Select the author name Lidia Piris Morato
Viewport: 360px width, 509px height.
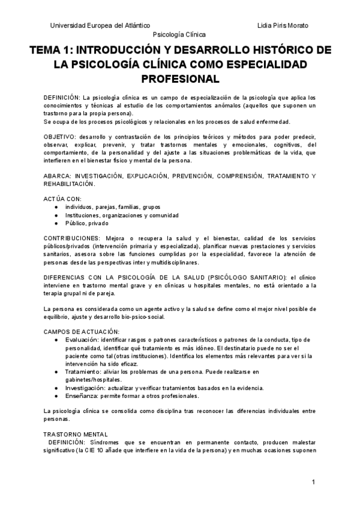pyautogui.click(x=283, y=25)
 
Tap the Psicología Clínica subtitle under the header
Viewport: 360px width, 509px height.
pyautogui.click(x=179, y=35)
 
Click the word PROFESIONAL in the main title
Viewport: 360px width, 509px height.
pyautogui.click(x=179, y=78)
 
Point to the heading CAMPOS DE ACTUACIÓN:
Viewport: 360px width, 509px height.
pyautogui.click(x=82, y=331)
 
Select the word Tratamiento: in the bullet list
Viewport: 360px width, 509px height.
pyautogui.click(x=84, y=372)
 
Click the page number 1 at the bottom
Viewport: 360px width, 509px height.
pyautogui.click(x=313, y=483)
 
